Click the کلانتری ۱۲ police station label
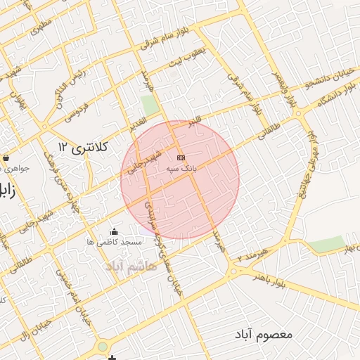point(83,147)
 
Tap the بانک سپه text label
point(181,169)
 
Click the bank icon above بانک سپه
point(181,157)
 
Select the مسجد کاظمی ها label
point(115,242)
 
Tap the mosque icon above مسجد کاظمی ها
point(115,231)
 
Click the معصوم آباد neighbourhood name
point(264,333)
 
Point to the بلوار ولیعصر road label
point(291,90)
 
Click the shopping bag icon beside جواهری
point(6,157)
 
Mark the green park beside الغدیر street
point(149,105)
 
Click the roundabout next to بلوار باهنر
point(233,271)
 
